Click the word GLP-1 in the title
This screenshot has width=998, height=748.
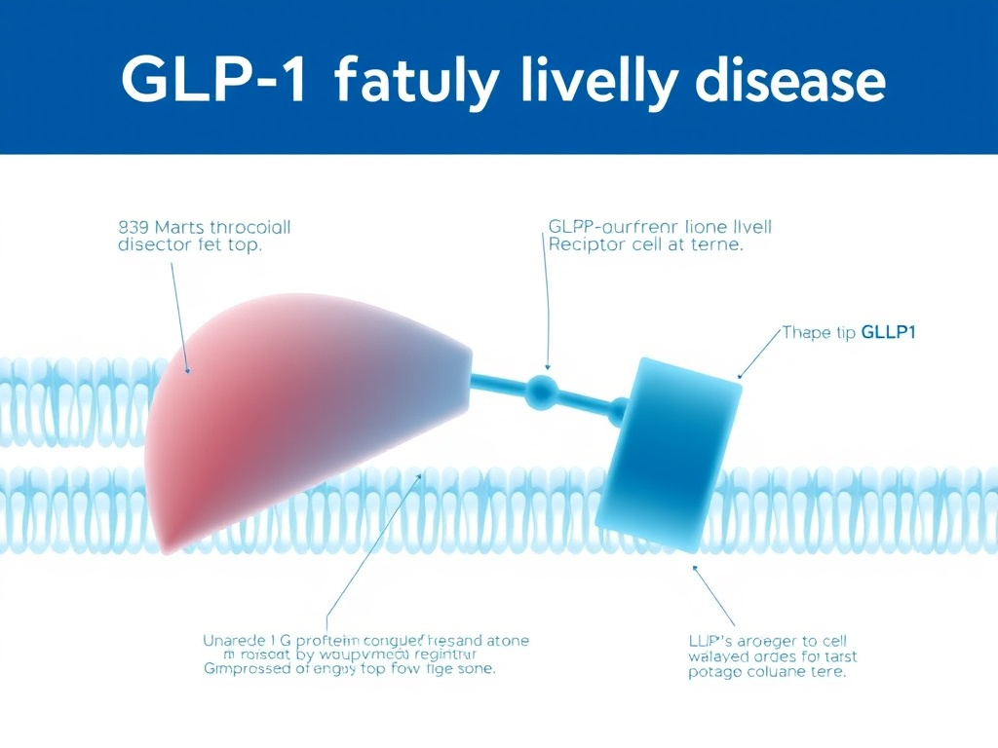pyautogui.click(x=212, y=82)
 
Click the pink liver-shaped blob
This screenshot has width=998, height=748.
pyautogui.click(x=292, y=419)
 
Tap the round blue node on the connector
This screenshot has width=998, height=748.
pyautogui.click(x=542, y=392)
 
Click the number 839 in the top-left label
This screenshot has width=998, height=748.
pyautogui.click(x=133, y=227)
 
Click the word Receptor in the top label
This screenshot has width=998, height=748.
pyautogui.click(x=586, y=244)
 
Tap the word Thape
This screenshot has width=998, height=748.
pyautogui.click(x=806, y=333)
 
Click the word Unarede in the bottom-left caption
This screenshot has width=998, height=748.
pyautogui.click(x=237, y=640)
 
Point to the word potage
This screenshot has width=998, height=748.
pyautogui.click(x=717, y=672)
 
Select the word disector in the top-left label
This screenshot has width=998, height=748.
pyautogui.click(x=153, y=244)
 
